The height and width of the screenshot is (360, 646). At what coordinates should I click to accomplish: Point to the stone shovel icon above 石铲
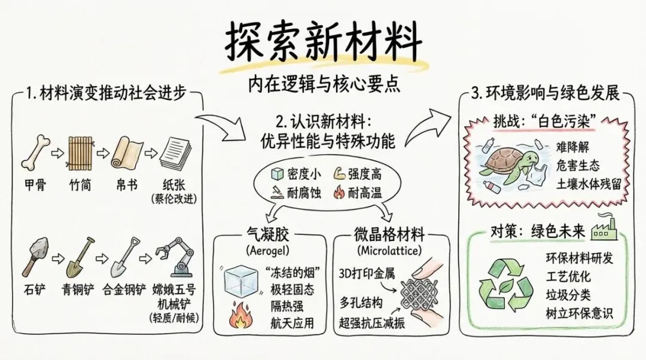click(37, 254)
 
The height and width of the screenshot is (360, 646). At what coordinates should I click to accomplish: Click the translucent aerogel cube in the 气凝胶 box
click(243, 277)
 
